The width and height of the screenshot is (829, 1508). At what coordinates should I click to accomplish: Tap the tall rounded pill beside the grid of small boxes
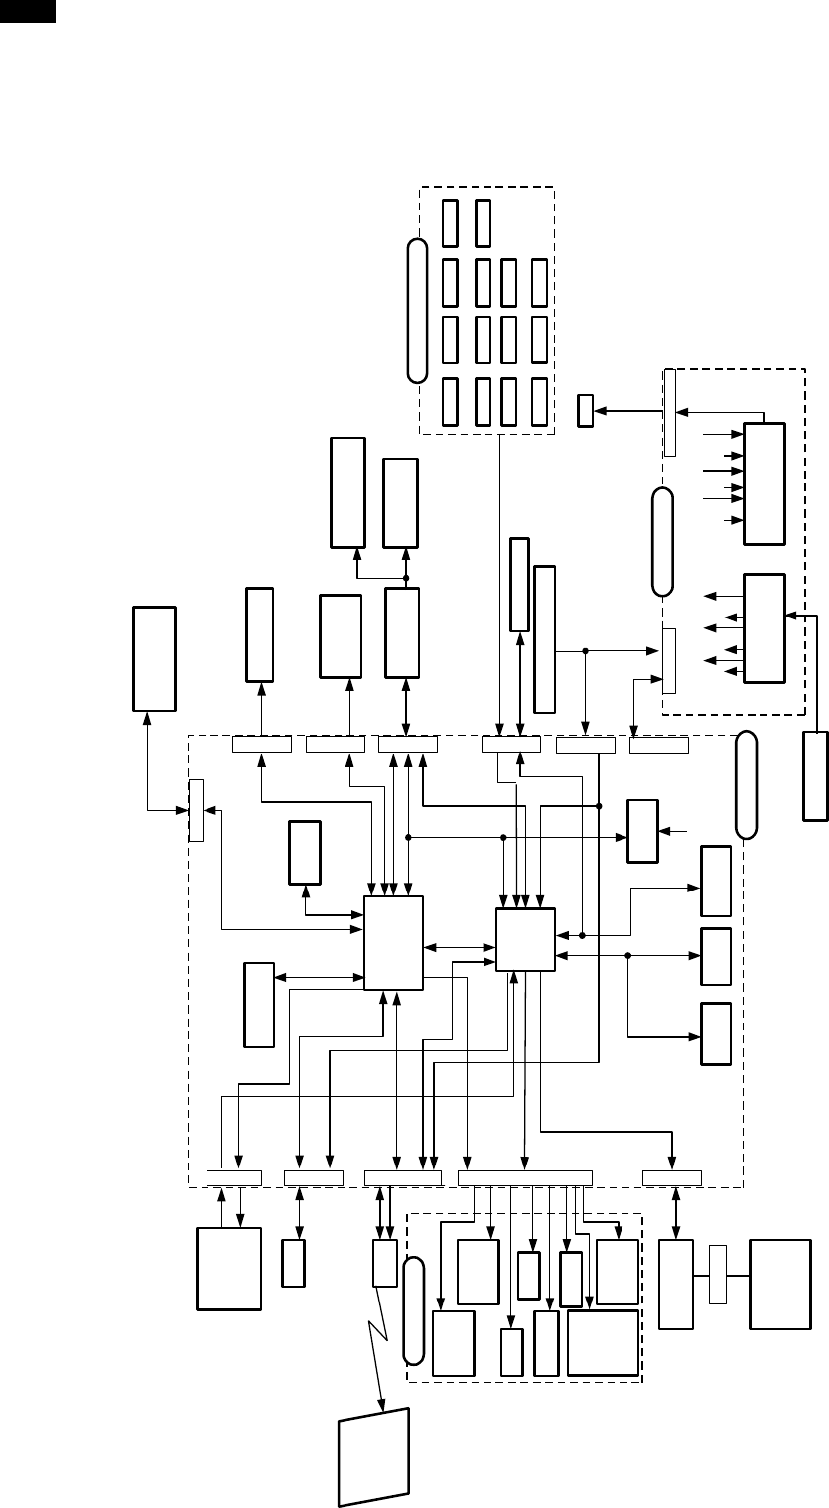[418, 309]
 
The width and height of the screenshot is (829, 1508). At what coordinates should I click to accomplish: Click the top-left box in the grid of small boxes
[450, 222]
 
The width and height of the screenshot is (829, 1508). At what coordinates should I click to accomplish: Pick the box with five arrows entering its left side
[763, 482]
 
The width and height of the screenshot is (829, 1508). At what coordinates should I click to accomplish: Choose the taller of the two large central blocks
[393, 942]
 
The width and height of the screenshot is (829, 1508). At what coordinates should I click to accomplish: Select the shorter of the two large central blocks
[525, 938]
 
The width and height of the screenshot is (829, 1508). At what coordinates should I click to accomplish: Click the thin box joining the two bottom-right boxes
[719, 1274]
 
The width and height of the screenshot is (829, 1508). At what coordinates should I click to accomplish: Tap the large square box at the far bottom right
[779, 1284]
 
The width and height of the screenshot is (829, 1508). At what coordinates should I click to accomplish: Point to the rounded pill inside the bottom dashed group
[414, 1310]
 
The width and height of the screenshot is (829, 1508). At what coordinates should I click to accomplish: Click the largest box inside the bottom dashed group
[603, 1342]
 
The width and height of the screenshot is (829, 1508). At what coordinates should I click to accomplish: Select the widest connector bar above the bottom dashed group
[525, 1178]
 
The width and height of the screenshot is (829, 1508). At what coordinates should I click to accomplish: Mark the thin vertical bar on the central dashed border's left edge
[196, 810]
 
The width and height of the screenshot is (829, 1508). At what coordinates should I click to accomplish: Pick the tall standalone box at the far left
[154, 657]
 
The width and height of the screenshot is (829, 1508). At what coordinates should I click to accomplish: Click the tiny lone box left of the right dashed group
[585, 410]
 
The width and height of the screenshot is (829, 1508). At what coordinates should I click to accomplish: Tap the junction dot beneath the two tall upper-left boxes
[406, 577]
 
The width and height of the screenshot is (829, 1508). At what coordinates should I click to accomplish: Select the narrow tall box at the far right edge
[814, 776]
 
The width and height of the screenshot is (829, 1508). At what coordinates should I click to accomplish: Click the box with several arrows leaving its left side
[763, 627]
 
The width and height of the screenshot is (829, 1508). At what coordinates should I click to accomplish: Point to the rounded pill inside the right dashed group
[662, 542]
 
